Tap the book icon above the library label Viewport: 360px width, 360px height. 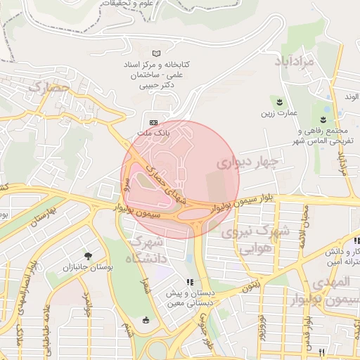(156, 53)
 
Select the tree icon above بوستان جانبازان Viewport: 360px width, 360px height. (88, 256)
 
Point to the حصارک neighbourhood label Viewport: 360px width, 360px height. (49, 88)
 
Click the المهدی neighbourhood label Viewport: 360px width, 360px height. (330, 282)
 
